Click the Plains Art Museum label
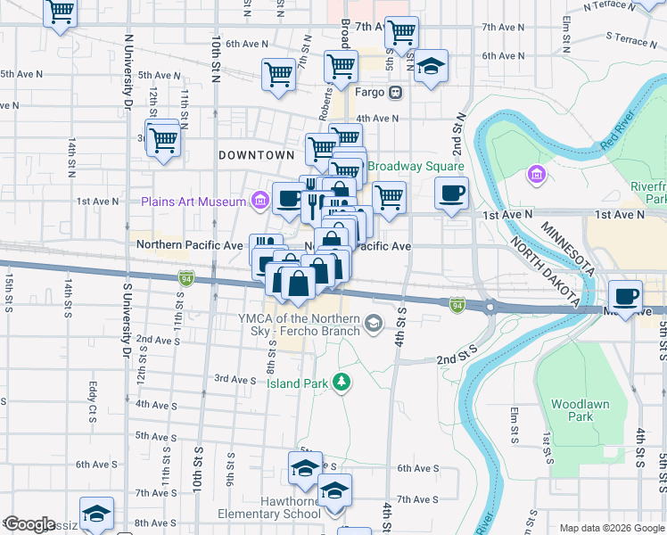pos(193,202)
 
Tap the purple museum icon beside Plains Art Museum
pos(259,201)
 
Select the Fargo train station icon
pos(395,92)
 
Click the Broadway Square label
pos(416,167)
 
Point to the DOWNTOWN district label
pos(257,155)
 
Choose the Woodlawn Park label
pos(580,410)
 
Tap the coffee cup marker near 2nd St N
pos(452,193)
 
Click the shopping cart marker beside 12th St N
pos(163,139)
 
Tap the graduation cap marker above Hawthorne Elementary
pos(304,466)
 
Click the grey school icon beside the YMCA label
pos(374,322)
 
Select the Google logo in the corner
pos(29,524)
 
